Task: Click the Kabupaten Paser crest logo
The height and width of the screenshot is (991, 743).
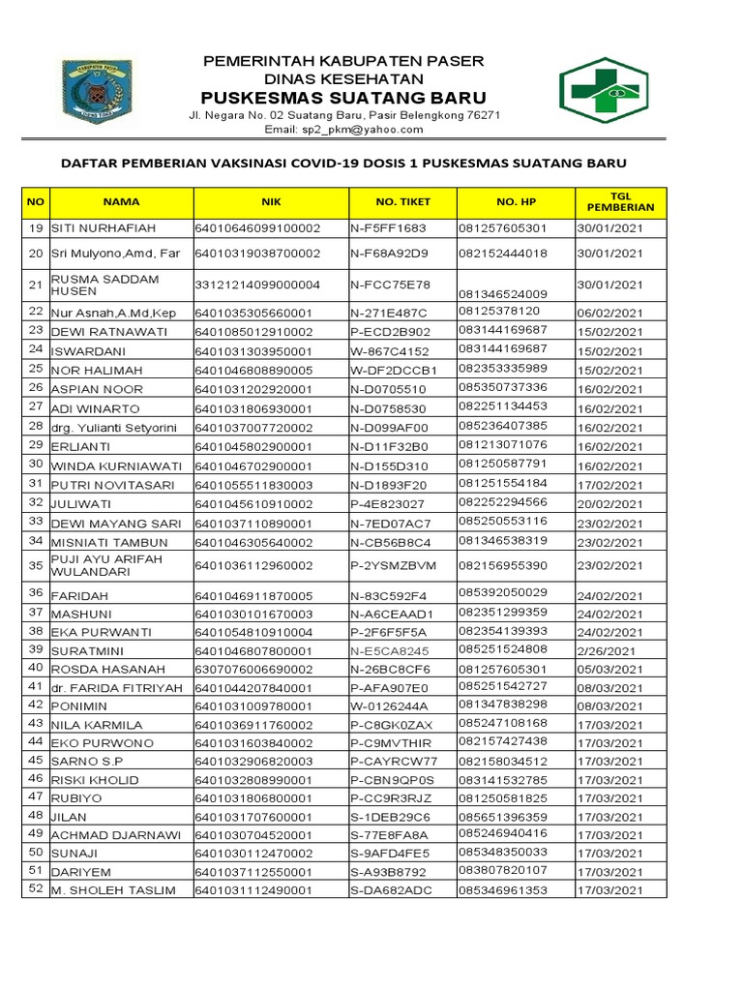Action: [97, 91]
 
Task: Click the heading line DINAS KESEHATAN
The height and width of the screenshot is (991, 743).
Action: [343, 78]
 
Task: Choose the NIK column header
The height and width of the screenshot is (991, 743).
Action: [270, 202]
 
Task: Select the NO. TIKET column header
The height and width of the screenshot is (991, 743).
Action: [402, 202]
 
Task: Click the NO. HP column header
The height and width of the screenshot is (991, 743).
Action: [515, 202]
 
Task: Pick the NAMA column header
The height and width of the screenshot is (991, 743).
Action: [122, 202]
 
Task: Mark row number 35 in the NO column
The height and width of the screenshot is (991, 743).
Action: [36, 565]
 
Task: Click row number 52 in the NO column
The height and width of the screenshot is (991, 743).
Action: [36, 888]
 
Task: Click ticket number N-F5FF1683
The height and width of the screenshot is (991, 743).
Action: [388, 228]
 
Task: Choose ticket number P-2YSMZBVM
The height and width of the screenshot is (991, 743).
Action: [393, 565]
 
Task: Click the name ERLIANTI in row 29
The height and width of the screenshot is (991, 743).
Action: [80, 445]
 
